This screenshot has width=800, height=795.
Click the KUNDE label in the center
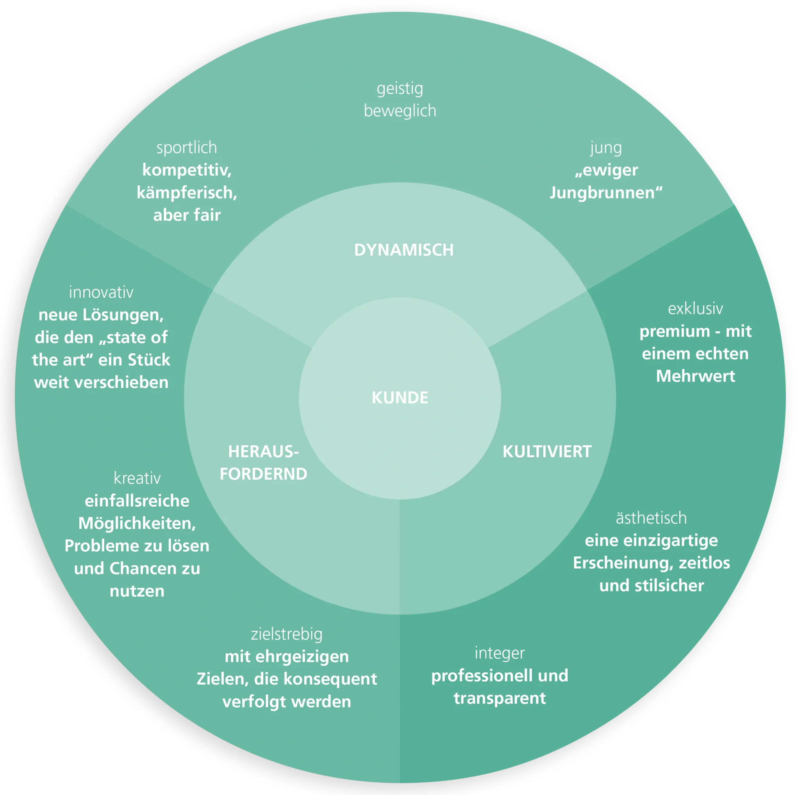(400, 398)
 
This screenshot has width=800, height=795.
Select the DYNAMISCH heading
(404, 250)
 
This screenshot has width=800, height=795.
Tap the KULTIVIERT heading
(547, 451)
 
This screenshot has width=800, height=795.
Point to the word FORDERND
(263, 474)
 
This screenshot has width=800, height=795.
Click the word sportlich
(187, 148)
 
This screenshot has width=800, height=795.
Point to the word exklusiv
(695, 309)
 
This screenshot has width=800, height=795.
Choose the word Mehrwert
(696, 376)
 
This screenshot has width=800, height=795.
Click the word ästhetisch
(651, 518)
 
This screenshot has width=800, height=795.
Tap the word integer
(500, 654)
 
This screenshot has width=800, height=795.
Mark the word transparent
(500, 698)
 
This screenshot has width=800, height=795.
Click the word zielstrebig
(287, 635)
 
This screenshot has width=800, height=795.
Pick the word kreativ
(137, 478)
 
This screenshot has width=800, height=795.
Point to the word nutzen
(137, 591)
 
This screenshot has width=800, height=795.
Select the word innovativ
(101, 292)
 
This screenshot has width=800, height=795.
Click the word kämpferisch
(187, 193)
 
